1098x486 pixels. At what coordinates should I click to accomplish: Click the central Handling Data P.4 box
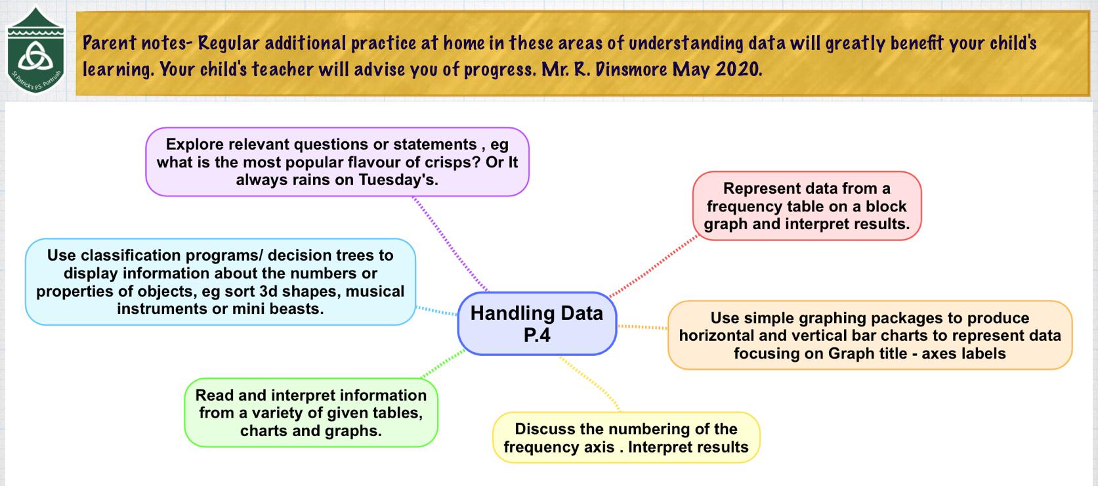coord(537,324)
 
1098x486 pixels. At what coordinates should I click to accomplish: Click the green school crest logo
coord(35,50)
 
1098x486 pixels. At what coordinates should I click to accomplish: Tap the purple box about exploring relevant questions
coord(337,162)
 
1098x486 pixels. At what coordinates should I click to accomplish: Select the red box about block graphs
coord(807,206)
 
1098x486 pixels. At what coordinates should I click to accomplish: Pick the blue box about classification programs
coord(221,282)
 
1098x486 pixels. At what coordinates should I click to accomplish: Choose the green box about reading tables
coord(311,412)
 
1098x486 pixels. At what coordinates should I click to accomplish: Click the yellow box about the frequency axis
coord(626,437)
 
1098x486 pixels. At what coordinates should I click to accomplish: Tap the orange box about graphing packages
coord(870,336)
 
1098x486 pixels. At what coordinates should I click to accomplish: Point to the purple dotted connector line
coord(450,244)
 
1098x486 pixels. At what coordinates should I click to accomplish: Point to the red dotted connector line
coord(654,266)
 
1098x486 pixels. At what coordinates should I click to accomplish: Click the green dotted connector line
coord(443,363)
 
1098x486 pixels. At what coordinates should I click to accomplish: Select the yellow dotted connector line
coord(590,384)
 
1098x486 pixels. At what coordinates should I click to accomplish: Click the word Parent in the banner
coord(110,43)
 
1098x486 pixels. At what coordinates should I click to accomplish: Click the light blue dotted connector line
coord(436,311)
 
